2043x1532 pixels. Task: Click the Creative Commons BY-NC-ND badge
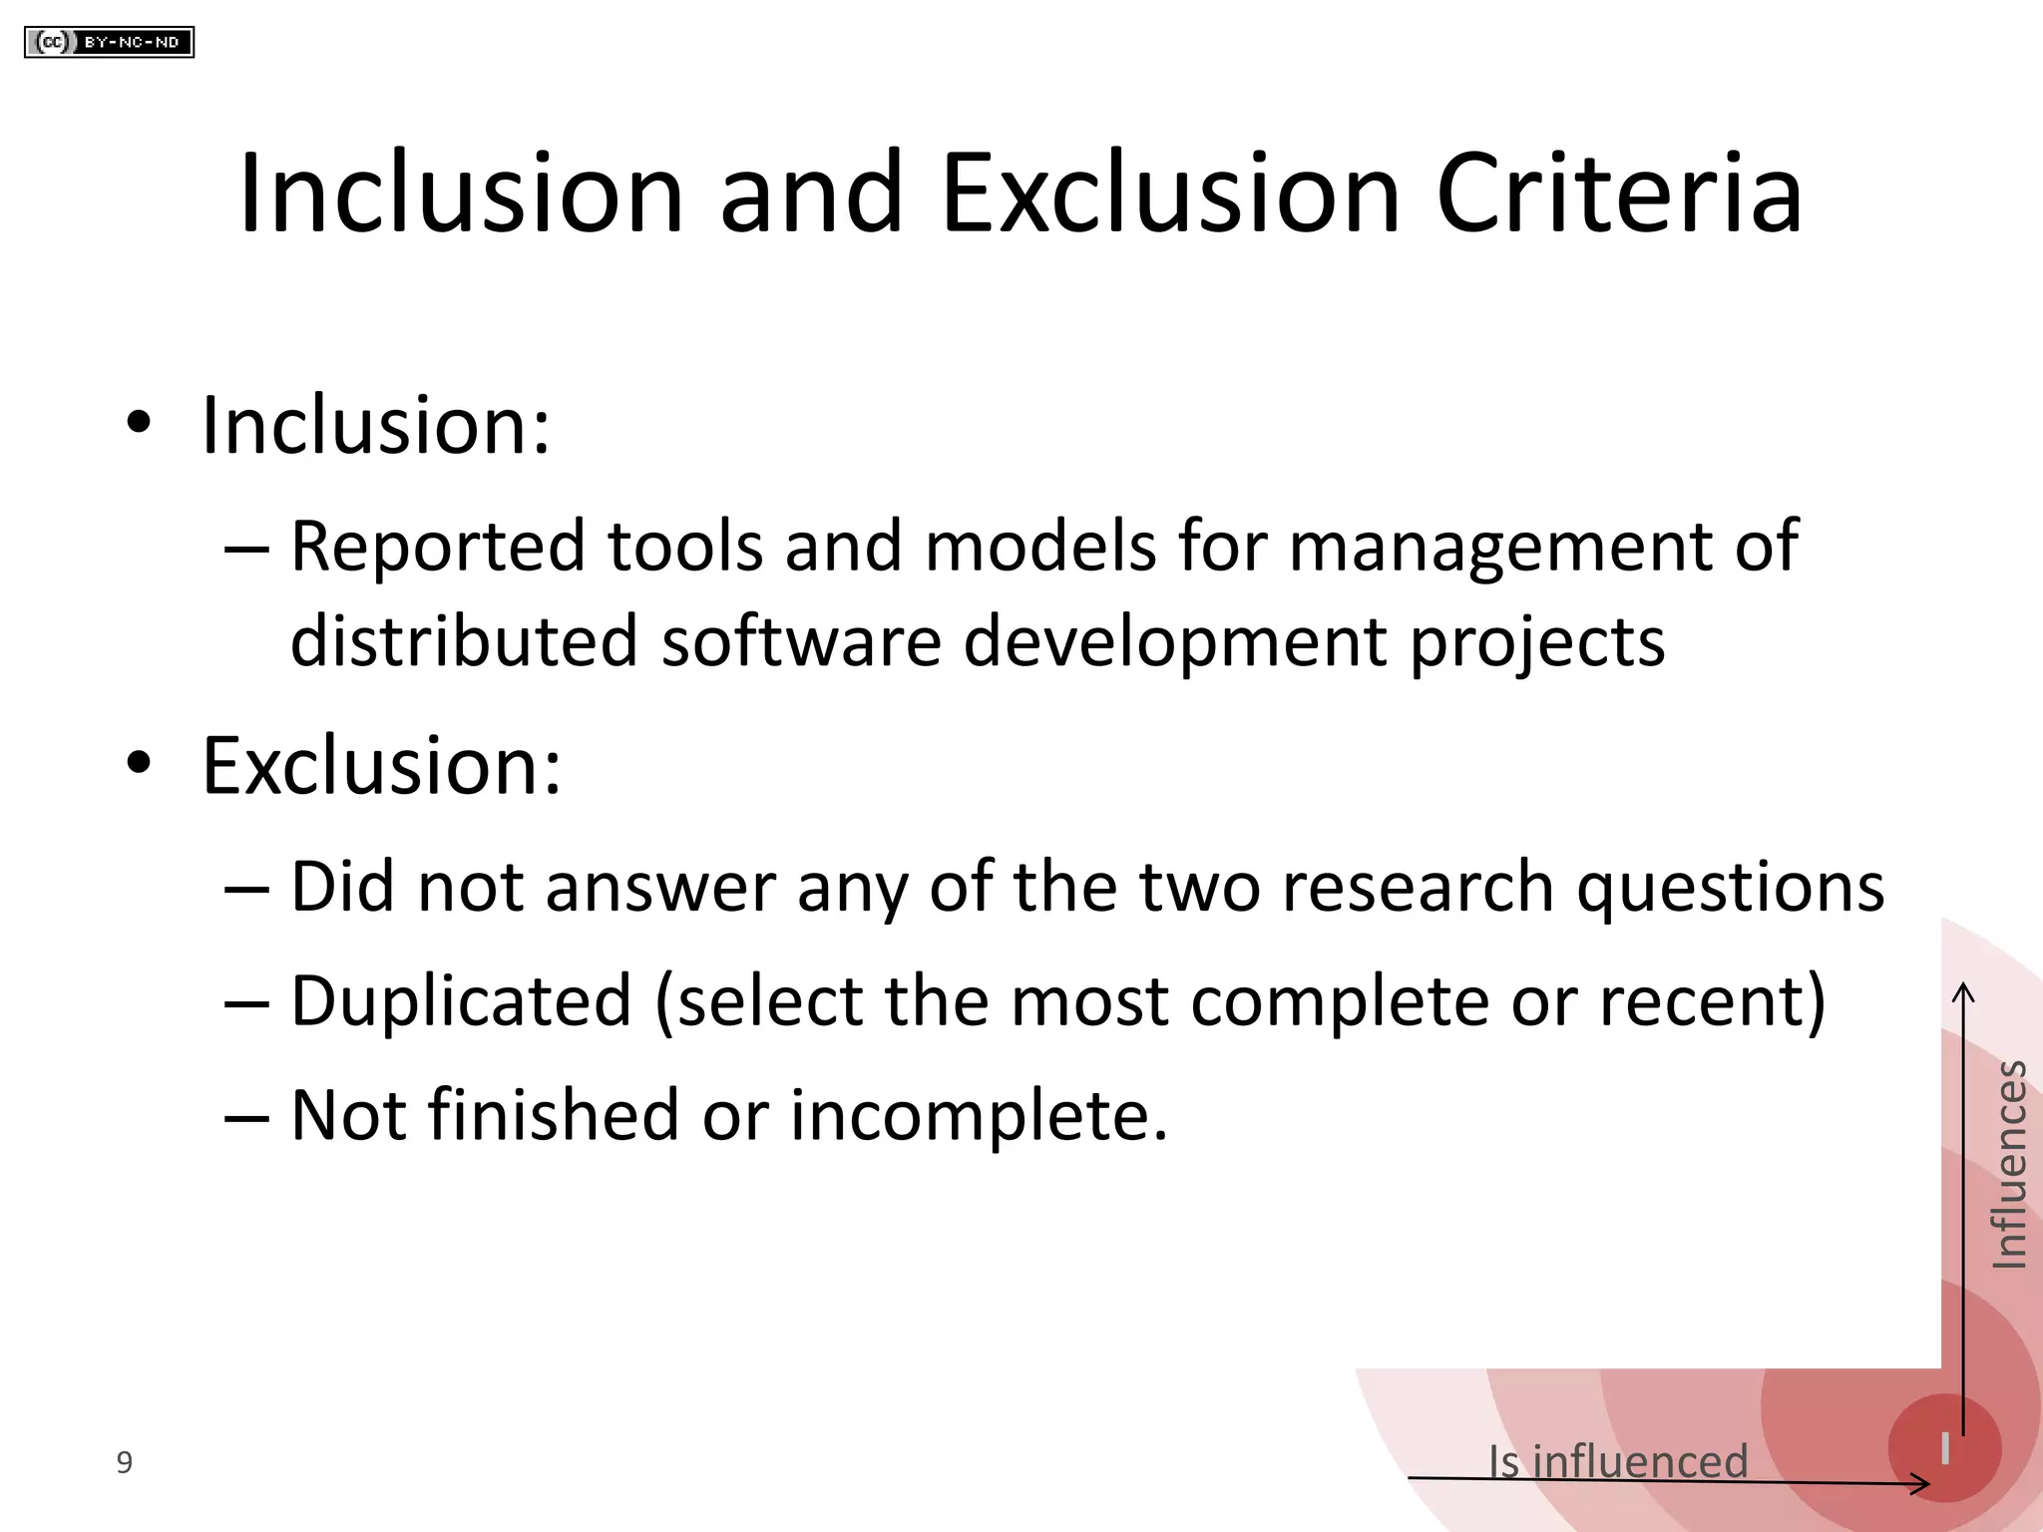[109, 42]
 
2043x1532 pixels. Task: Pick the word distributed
[463, 640]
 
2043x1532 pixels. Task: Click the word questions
[1730, 888]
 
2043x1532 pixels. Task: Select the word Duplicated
[461, 1001]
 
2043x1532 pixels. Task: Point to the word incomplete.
[978, 1115]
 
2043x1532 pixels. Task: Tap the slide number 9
[124, 1462]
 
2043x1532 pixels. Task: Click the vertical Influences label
[2009, 1165]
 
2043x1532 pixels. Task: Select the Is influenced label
[1617, 1461]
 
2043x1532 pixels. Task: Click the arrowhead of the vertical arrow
[1963, 991]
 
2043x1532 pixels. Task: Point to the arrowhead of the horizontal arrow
[1923, 1484]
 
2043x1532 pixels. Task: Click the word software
[800, 640]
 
